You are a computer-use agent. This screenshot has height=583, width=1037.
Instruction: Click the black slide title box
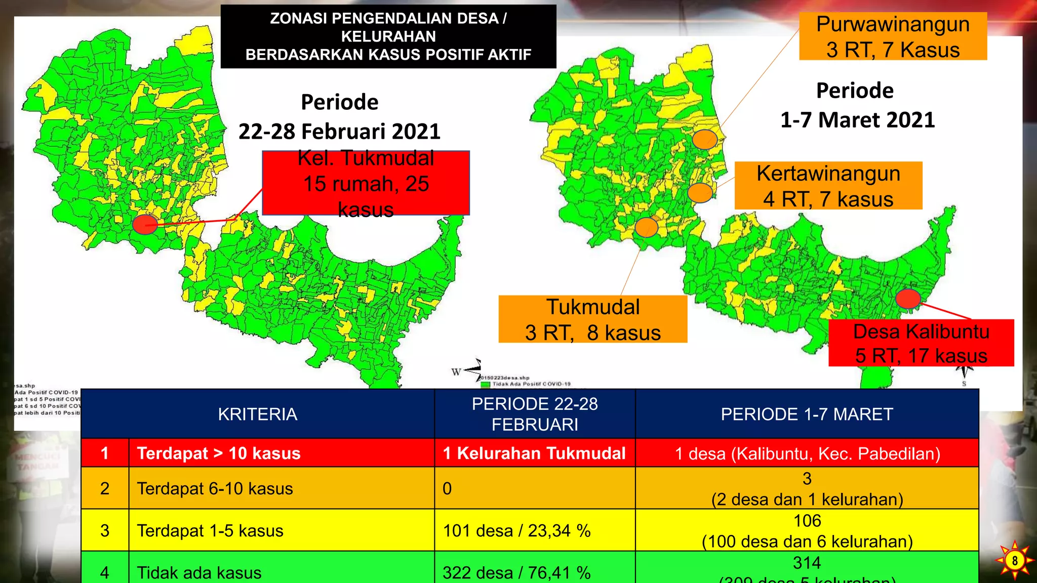pos(388,36)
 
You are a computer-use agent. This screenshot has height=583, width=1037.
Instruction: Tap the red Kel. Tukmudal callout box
pos(366,183)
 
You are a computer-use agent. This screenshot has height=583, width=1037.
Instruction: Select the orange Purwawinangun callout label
pos(893,36)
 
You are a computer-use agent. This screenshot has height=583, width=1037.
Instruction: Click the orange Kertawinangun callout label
pos(828,186)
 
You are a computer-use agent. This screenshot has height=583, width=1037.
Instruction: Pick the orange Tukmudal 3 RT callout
pos(592,319)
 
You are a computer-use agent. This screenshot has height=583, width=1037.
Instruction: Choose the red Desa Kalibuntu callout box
pos(921,343)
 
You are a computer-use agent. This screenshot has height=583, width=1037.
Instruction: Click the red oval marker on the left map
pos(145,224)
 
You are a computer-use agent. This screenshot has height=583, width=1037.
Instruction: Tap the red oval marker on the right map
pos(908,298)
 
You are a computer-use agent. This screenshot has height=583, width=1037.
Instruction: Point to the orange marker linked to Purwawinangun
pos(704,139)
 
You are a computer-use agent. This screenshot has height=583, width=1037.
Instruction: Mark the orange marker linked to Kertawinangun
pos(700,192)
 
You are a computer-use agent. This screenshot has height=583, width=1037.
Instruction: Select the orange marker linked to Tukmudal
pos(646,227)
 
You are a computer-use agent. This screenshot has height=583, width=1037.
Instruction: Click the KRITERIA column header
pos(257,414)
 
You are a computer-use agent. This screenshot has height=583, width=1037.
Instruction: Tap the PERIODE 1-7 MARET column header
pos(807,414)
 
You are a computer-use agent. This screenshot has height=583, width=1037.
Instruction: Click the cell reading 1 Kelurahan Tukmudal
pos(534,453)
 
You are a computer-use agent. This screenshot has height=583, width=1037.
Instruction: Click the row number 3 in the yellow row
pos(105,530)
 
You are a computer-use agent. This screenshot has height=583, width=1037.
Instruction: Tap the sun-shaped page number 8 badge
pos(1014,560)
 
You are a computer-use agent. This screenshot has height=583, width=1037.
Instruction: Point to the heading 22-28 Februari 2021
pos(339,131)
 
